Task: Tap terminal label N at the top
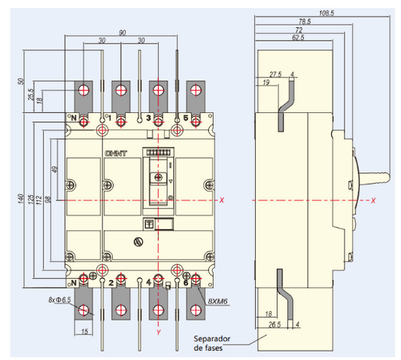point(74,118)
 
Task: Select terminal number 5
point(185,118)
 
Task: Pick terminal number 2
point(111,282)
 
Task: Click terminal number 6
point(185,282)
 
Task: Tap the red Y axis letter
point(158,331)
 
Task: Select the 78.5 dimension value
point(305,22)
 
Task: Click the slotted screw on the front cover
point(138,242)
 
